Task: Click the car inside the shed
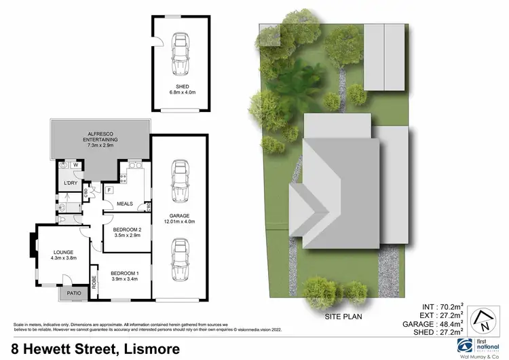[181, 55]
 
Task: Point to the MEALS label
[124, 204]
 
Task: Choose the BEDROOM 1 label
[122, 274]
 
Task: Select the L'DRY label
[69, 183]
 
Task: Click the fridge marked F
[109, 190]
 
